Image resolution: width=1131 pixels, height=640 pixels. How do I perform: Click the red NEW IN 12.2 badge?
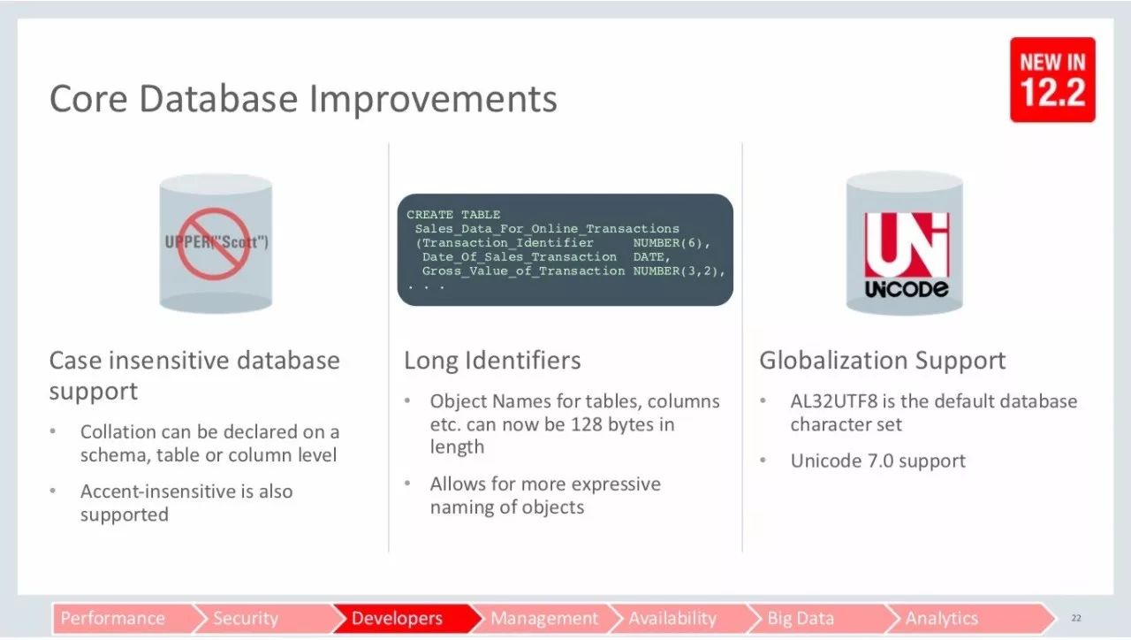pyautogui.click(x=1052, y=80)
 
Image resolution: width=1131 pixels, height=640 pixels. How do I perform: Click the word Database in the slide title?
pyautogui.click(x=218, y=98)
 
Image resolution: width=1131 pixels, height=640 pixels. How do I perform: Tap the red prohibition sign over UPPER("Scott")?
pyautogui.click(x=214, y=244)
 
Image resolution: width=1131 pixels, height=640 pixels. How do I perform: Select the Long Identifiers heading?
pyautogui.click(x=492, y=361)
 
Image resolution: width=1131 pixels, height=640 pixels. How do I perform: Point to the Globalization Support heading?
pyautogui.click(x=883, y=361)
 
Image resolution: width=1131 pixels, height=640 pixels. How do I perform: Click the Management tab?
pyautogui.click(x=544, y=618)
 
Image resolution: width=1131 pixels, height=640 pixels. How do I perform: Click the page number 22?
pyautogui.click(x=1076, y=618)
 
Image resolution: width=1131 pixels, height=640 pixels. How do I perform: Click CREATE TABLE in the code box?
pyautogui.click(x=453, y=215)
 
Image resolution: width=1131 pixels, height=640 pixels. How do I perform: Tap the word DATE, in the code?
pyautogui.click(x=652, y=257)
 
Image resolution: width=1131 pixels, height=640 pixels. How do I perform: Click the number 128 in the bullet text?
pyautogui.click(x=586, y=424)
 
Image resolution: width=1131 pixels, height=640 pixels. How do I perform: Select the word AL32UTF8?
pyautogui.click(x=834, y=401)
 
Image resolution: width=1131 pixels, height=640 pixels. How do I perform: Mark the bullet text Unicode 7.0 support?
pyautogui.click(x=877, y=461)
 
